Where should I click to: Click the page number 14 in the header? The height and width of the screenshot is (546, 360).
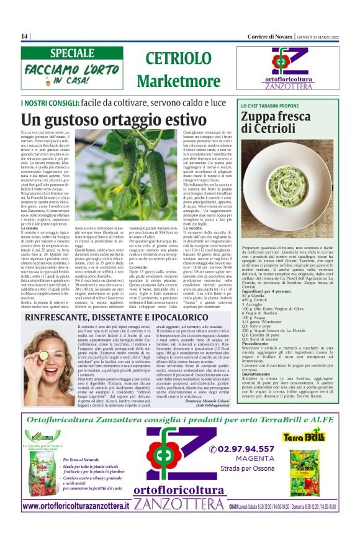point(25,37)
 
